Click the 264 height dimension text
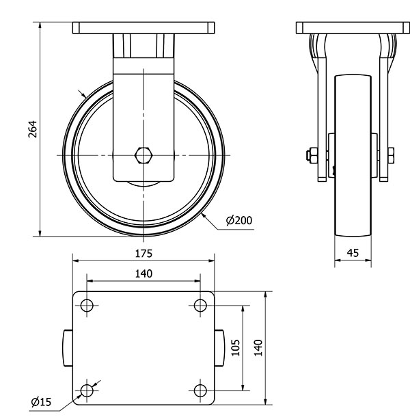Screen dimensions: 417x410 (32, 130)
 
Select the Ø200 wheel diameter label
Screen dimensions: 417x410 (238, 220)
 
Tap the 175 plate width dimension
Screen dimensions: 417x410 (143, 253)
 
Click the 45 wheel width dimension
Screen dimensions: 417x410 (353, 253)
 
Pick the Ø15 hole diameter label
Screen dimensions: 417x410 (41, 403)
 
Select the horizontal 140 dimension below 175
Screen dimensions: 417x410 (143, 273)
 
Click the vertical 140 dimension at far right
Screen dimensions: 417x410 (258, 347)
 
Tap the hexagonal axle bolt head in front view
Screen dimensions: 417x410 (143, 156)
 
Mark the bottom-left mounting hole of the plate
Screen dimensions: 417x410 (87, 390)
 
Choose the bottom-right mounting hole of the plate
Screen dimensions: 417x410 (200, 390)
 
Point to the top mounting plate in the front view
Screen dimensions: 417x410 (143, 29)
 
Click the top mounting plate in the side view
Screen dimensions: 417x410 (353, 28)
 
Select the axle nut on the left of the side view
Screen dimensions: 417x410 (311, 156)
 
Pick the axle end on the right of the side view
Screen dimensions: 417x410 (392, 156)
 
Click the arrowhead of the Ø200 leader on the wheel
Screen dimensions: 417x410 (204, 215)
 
